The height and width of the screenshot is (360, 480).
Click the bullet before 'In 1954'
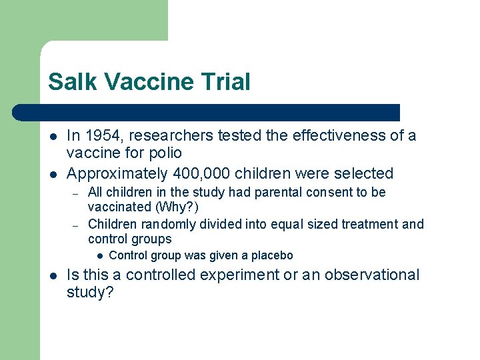pos(52,136)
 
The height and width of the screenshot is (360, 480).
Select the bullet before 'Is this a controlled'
pos(52,275)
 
